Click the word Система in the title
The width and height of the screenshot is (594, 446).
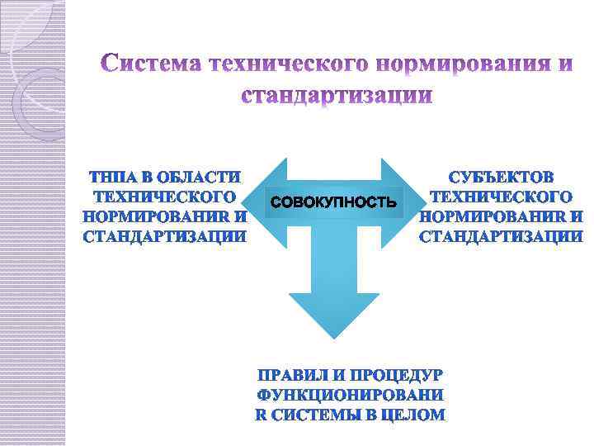(x=152, y=64)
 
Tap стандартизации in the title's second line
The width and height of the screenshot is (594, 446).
(x=337, y=96)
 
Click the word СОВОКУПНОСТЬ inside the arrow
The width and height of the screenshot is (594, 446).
(x=334, y=202)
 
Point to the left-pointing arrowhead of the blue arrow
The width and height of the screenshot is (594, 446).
(x=271, y=201)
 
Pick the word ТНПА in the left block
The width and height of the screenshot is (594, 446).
(x=111, y=177)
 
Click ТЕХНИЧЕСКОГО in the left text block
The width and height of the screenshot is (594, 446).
(x=165, y=197)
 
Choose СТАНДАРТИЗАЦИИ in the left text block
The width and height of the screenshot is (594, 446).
(x=165, y=236)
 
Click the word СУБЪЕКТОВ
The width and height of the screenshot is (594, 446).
(x=501, y=177)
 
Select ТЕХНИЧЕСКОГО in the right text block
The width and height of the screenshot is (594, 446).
(x=501, y=197)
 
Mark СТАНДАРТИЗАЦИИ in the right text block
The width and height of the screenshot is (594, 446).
(x=501, y=236)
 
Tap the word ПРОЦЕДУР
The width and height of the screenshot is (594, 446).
(x=395, y=376)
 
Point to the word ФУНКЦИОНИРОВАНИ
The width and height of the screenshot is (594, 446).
(x=351, y=396)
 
